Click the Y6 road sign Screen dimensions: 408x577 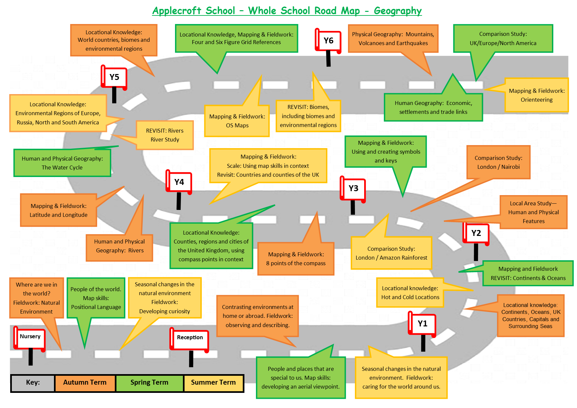click(x=328, y=41)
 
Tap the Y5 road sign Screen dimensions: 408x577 click(x=114, y=77)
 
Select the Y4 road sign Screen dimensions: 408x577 click(x=179, y=182)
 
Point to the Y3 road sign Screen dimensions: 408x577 click(x=353, y=189)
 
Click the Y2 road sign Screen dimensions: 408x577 click(x=476, y=233)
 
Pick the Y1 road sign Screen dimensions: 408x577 click(x=422, y=324)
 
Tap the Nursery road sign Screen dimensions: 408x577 click(x=30, y=337)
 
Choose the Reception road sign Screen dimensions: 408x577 click(x=190, y=338)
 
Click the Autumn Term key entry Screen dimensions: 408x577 click(x=85, y=383)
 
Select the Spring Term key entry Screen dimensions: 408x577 click(x=149, y=383)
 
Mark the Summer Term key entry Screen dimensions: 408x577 click(x=213, y=383)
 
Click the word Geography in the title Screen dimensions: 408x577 click(x=397, y=11)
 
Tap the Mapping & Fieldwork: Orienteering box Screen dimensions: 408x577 click(x=537, y=95)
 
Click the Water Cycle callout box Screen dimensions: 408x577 click(x=62, y=163)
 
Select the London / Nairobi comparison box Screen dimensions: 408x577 click(x=498, y=162)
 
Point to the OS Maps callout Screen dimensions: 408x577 click(x=237, y=121)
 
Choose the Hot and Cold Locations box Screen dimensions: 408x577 click(x=410, y=293)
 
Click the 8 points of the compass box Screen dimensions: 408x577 click(x=296, y=259)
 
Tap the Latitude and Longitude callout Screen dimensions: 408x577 click(x=59, y=210)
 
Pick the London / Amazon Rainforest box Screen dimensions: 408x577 click(x=391, y=253)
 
